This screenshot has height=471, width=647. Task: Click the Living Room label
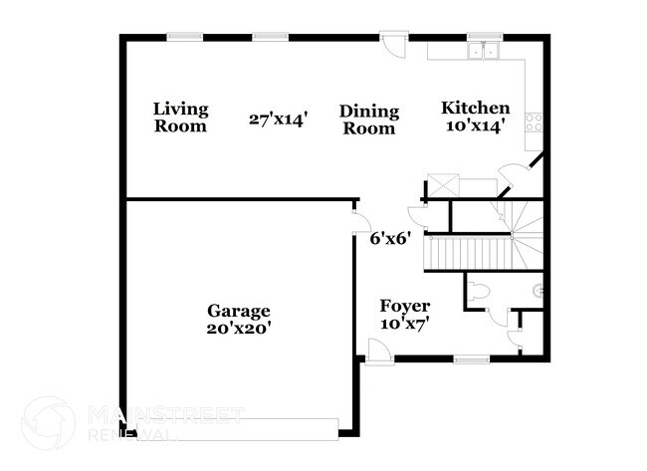[180, 118]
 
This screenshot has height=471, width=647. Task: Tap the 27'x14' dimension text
[279, 119]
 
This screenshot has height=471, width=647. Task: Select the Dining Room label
[368, 119]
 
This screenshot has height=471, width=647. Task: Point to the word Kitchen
[476, 109]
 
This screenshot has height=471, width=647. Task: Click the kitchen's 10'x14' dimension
[476, 126]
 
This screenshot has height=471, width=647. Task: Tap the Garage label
[239, 310]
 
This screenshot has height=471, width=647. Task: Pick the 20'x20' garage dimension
[239, 327]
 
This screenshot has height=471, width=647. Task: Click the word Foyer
[405, 306]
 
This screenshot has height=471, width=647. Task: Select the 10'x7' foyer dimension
[405, 324]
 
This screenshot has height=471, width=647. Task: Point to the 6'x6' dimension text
[389, 239]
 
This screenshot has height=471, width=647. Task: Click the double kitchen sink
[486, 51]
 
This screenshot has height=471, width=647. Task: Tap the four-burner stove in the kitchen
[534, 124]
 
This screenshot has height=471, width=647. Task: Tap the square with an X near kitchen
[439, 187]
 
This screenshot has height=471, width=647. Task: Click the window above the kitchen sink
[487, 38]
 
